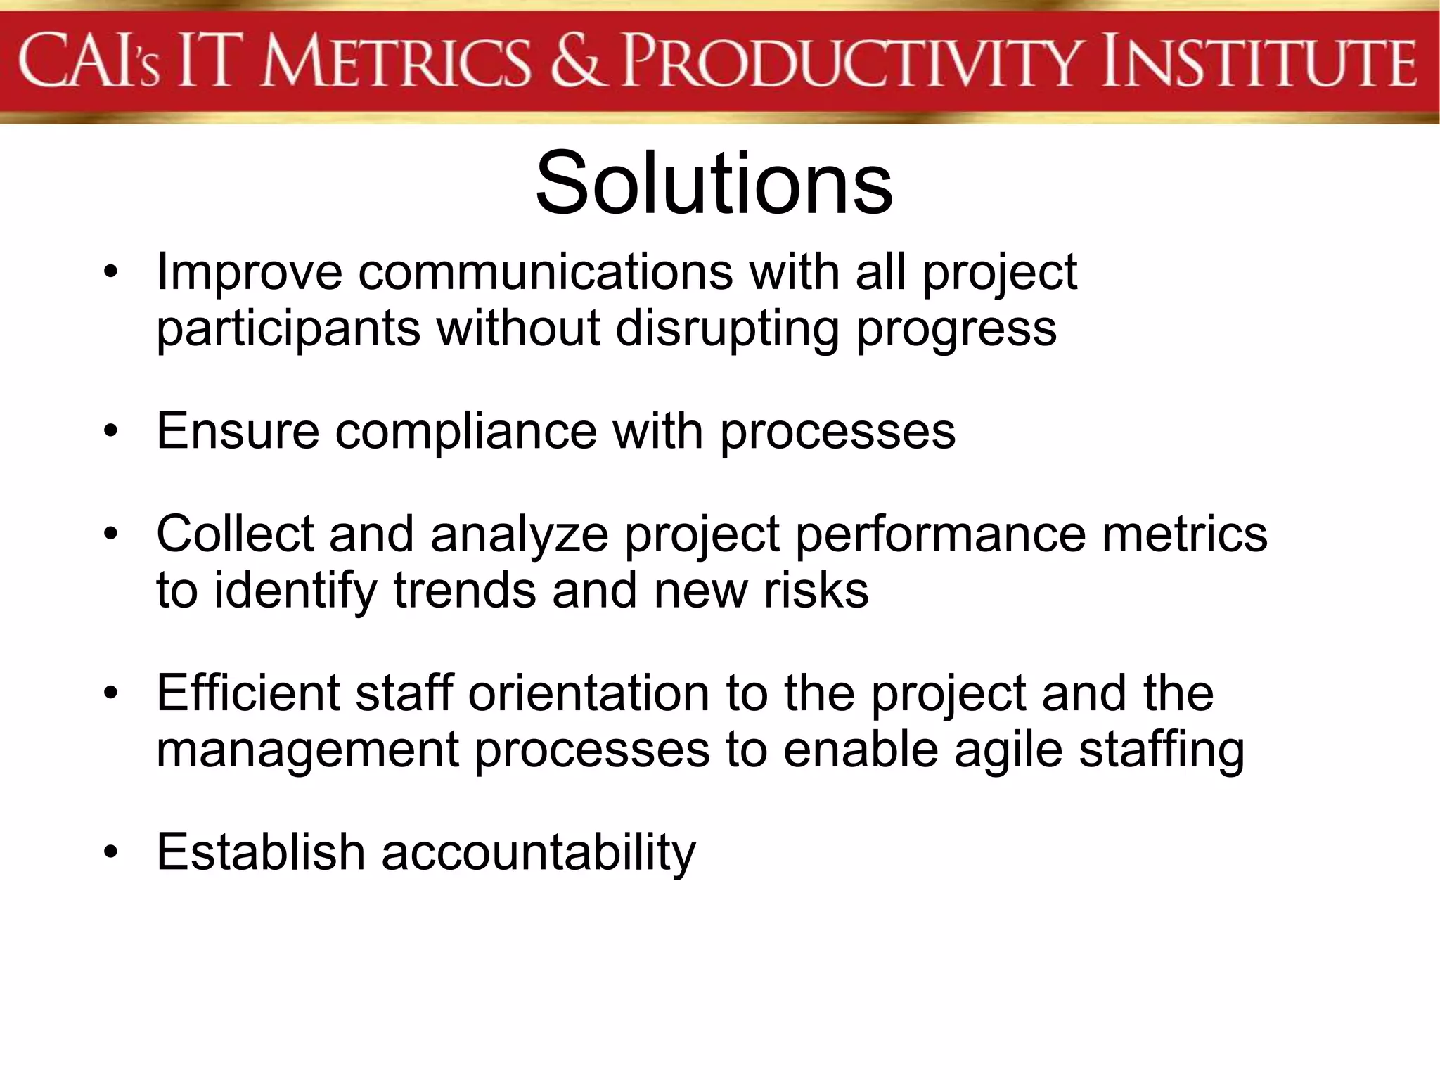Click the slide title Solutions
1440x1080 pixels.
point(714,184)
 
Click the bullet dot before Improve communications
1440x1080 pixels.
point(110,273)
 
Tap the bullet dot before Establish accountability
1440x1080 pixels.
point(110,853)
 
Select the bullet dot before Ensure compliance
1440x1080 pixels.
point(110,432)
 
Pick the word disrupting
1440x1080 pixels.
point(727,329)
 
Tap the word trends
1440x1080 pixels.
point(464,591)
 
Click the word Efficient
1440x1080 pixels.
point(247,693)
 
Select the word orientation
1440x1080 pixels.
point(589,693)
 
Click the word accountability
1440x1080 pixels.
point(539,853)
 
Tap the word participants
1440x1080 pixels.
point(288,329)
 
